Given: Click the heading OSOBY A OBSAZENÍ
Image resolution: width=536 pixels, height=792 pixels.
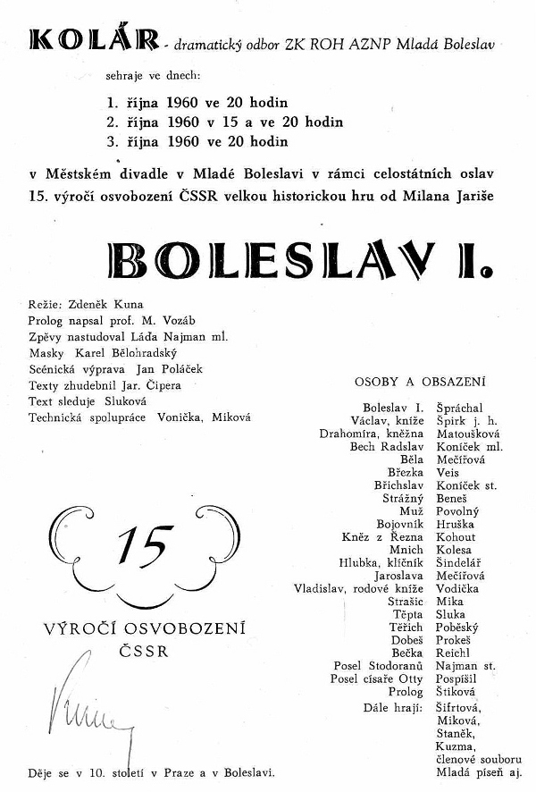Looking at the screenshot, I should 420,382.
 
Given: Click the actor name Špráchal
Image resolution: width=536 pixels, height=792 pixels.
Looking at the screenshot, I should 460,407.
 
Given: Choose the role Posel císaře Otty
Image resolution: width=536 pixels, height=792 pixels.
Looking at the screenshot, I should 378,678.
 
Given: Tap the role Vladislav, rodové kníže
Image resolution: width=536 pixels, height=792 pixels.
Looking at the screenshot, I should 358,588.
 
